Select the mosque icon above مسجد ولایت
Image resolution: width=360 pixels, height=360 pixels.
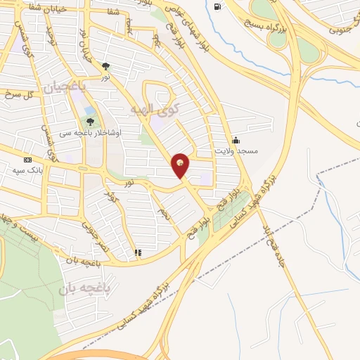[x=235, y=139]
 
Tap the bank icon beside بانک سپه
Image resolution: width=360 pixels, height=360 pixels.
[x=27, y=160]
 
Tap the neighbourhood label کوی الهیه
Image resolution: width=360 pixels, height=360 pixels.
[x=155, y=108]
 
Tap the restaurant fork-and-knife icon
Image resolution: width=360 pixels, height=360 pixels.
[x=138, y=252]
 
